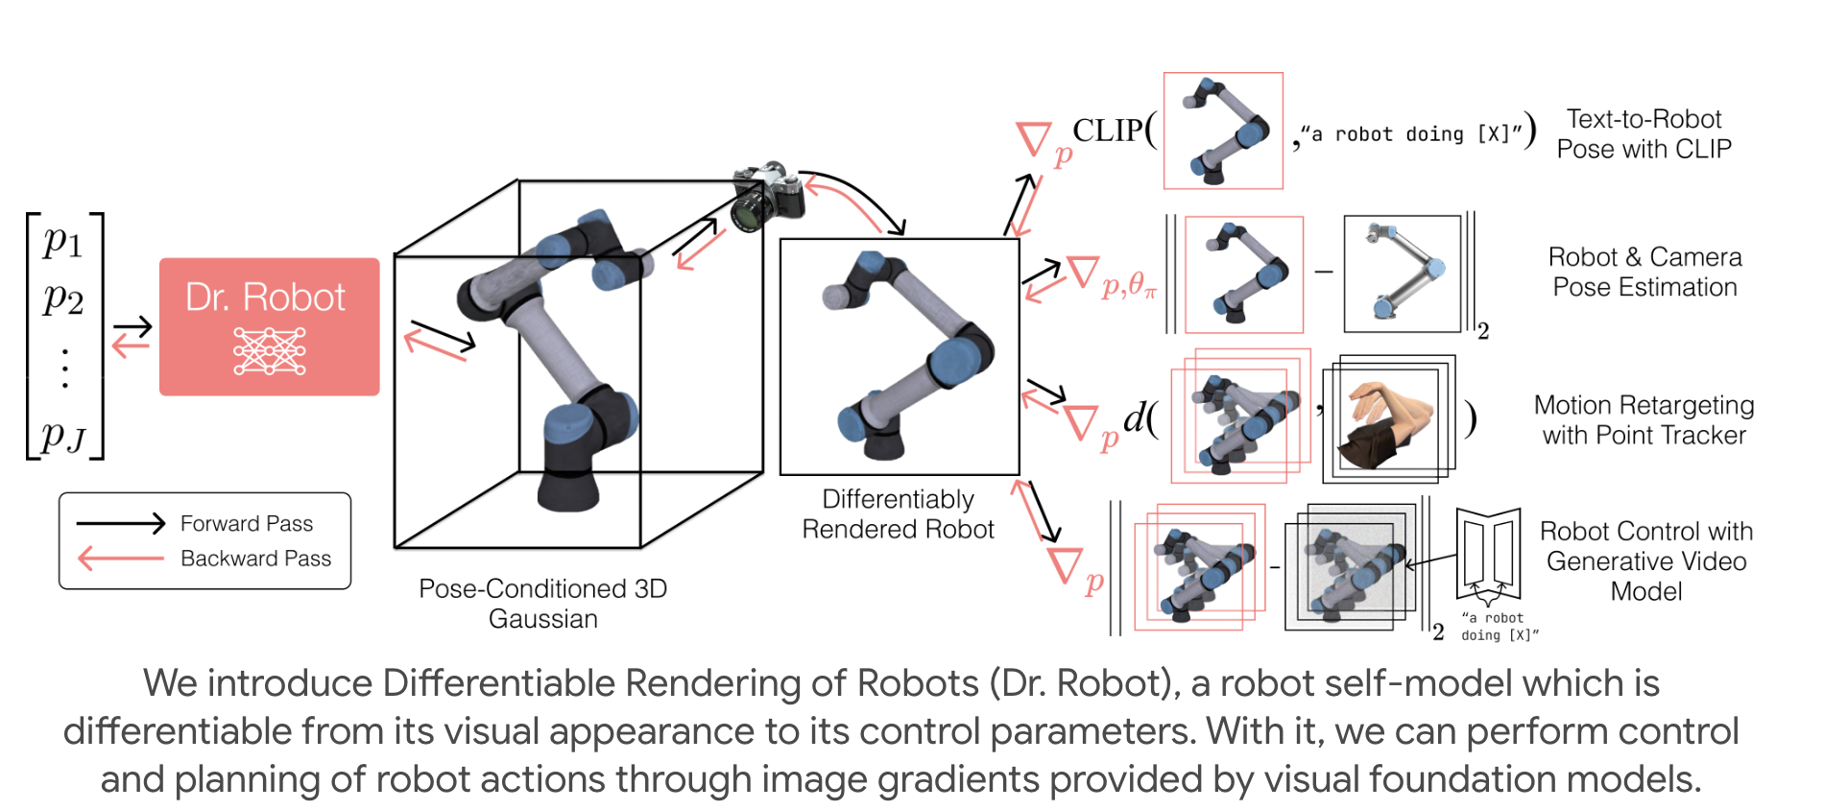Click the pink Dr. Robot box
point(269,325)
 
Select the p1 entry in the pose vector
point(63,241)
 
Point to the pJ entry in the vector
point(63,437)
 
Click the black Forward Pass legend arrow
point(121,523)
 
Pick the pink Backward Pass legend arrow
point(121,558)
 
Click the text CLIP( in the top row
point(1115,131)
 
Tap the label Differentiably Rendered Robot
point(898,514)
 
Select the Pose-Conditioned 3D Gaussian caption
point(542,604)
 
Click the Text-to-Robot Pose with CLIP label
point(1644,134)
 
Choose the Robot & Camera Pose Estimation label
point(1644,273)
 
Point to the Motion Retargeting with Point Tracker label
point(1644,420)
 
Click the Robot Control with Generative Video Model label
point(1645,561)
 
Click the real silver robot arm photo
point(1402,274)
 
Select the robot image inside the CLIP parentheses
point(1223,131)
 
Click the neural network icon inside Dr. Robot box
point(270,351)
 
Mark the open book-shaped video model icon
point(1488,554)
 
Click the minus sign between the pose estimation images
point(1324,273)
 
